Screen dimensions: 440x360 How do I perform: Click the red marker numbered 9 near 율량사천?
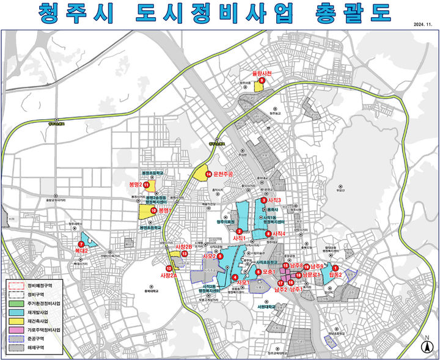pos(262,80)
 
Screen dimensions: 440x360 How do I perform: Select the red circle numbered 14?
pos(208,174)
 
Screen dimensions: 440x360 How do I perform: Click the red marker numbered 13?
pos(184,254)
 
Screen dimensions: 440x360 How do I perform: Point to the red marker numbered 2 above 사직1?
pos(239,230)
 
